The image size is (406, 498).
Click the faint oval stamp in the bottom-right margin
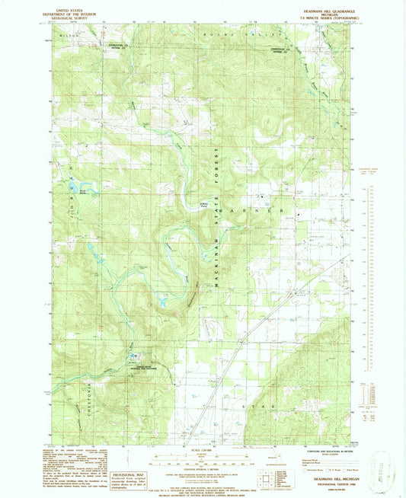coord(378,465)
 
